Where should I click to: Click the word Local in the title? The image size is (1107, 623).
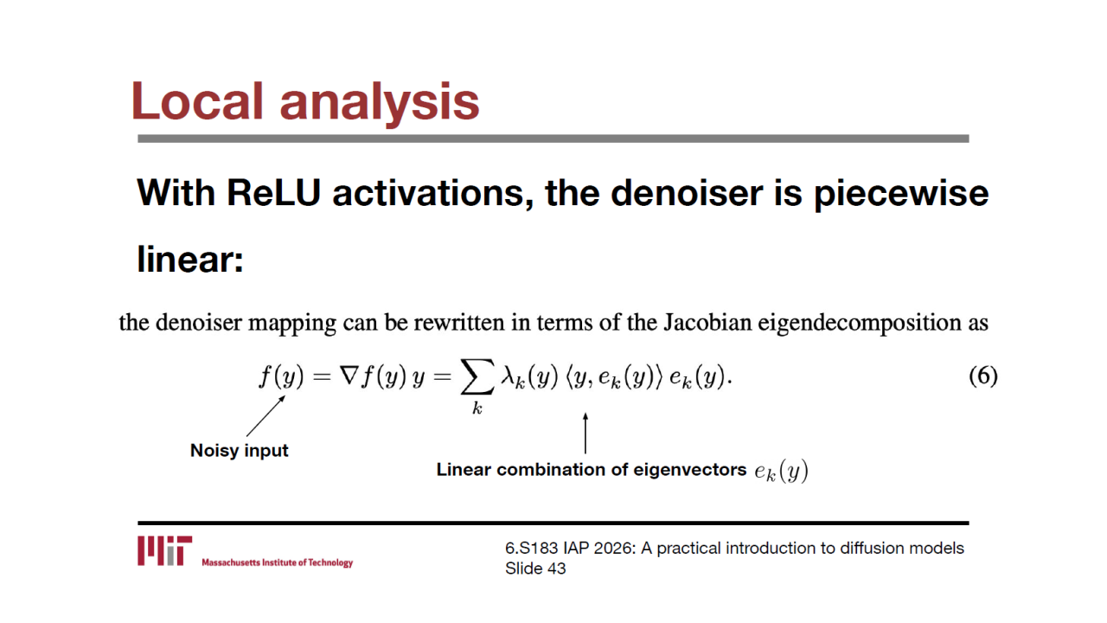197,101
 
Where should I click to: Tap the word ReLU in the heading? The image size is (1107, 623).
274,193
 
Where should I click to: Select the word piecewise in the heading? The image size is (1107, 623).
901,195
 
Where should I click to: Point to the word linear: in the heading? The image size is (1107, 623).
190,259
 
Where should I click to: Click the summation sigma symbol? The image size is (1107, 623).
477,376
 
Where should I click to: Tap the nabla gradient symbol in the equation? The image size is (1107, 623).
349,376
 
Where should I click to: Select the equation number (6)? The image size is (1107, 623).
983,376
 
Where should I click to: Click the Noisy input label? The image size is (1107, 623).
240,451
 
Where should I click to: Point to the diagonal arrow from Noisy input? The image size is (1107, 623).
266,416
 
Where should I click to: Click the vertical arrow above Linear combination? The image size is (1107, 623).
585,434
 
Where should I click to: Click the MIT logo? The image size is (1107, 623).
164,550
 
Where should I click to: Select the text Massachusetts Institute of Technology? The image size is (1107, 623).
278,562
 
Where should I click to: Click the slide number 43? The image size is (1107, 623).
556,568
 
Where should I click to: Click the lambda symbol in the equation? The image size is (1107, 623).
508,376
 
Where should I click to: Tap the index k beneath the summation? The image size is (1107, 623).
477,408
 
